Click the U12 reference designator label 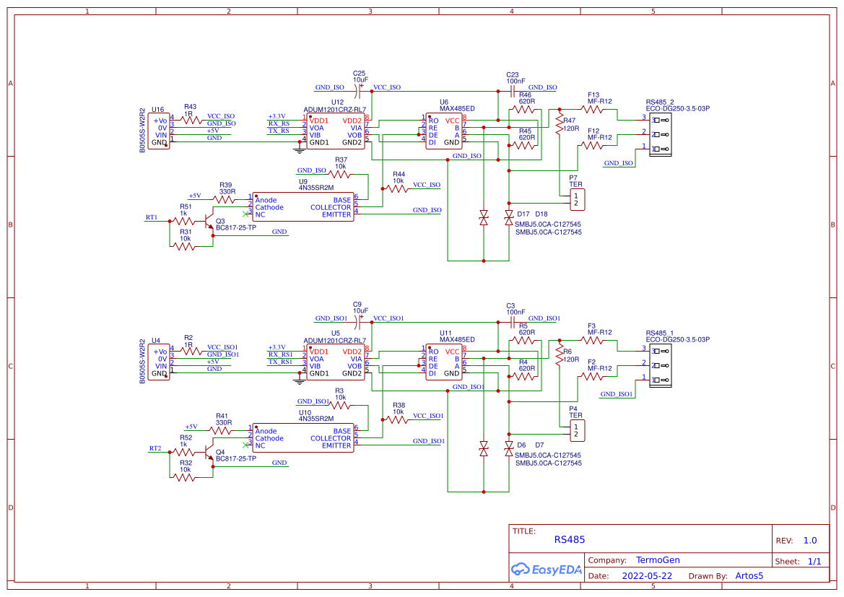[x=337, y=103]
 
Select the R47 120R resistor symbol [x=558, y=127]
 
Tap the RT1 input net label [x=152, y=217]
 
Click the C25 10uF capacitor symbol [x=359, y=92]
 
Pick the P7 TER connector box [x=575, y=199]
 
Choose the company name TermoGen [x=658, y=560]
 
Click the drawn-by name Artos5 [x=749, y=576]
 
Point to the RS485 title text [x=570, y=539]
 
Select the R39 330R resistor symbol [x=226, y=196]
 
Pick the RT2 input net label [x=155, y=448]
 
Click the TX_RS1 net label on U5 [x=280, y=362]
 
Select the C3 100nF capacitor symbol [x=510, y=323]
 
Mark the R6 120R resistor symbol [x=558, y=358]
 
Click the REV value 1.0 [x=810, y=540]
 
